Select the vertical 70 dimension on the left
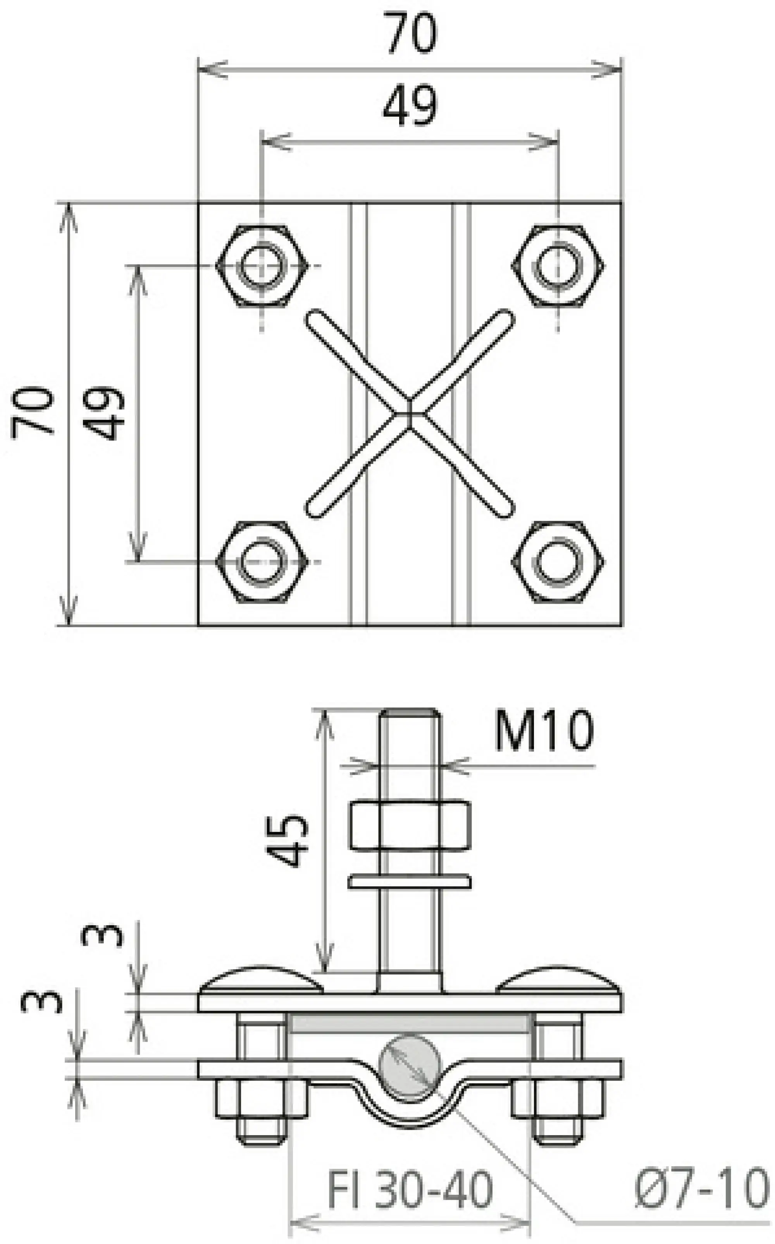(x=32, y=413)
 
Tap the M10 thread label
(x=543, y=731)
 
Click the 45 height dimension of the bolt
(x=287, y=840)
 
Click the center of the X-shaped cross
(x=410, y=413)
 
